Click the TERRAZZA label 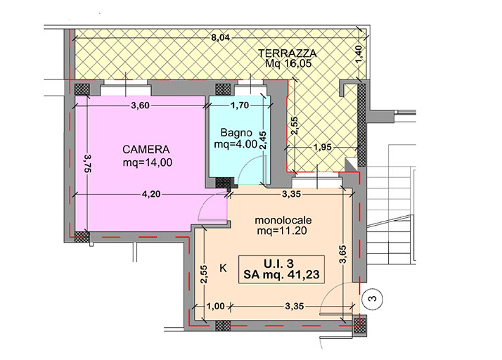pos(287,53)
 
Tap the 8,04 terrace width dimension pos(220,38)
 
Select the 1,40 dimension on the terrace pos(359,54)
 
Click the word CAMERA pos(146,150)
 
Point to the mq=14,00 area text pos(148,162)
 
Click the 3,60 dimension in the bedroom pos(140,105)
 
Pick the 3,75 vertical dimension pos(87,163)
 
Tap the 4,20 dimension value pos(150,194)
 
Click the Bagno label pos(236,132)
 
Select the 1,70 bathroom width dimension pos(240,105)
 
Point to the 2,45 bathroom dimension pos(263,141)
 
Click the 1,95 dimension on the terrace pos(322,148)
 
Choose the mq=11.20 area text pos(282,231)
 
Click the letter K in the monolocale pos(223,268)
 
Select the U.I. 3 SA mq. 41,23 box pos(281,269)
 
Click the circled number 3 pos(373,299)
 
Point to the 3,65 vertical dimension pos(342,255)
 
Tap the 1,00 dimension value pos(215,307)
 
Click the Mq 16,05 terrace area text pos(288,63)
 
